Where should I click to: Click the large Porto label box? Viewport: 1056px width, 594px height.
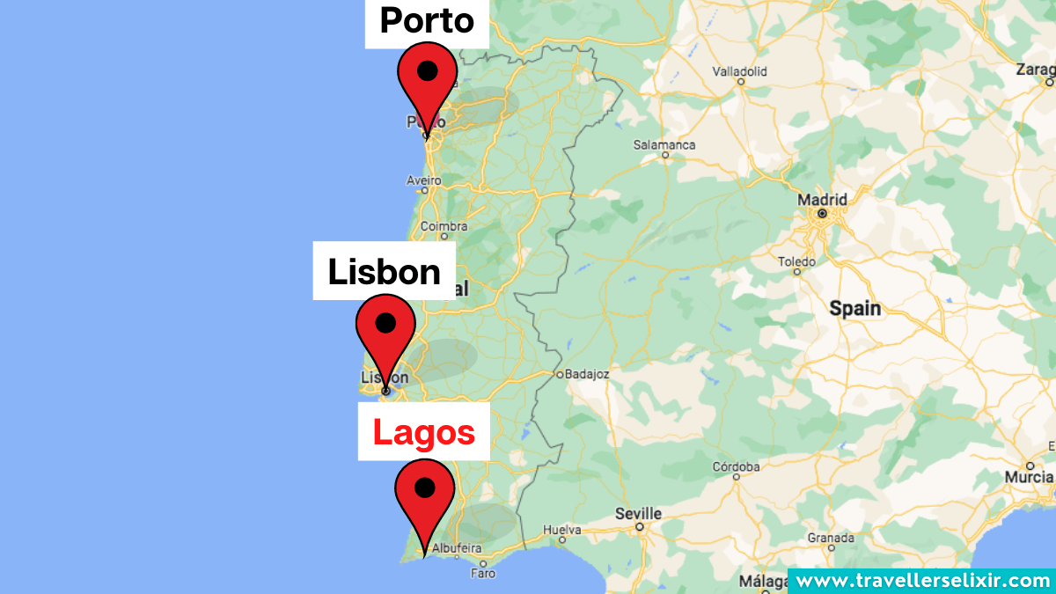pyautogui.click(x=427, y=22)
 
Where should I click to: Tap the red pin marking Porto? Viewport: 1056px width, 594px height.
pyautogui.click(x=428, y=84)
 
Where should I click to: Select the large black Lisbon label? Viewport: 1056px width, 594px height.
pyautogui.click(x=385, y=272)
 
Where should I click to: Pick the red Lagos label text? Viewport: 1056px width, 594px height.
pyautogui.click(x=424, y=432)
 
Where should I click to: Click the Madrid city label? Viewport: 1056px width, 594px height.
pyautogui.click(x=822, y=200)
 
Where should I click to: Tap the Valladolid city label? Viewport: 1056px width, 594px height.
pyautogui.click(x=739, y=71)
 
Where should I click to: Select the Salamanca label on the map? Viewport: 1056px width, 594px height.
pyautogui.click(x=664, y=145)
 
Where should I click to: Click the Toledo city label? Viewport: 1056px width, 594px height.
pyautogui.click(x=796, y=261)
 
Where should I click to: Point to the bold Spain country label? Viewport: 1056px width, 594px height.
pyautogui.click(x=854, y=308)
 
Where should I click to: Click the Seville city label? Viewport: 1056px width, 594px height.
pyautogui.click(x=639, y=513)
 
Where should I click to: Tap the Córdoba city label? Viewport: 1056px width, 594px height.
pyautogui.click(x=737, y=466)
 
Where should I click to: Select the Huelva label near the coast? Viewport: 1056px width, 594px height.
pyautogui.click(x=563, y=530)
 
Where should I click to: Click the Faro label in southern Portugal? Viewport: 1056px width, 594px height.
pyautogui.click(x=482, y=573)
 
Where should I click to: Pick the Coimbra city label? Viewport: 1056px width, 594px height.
pyautogui.click(x=444, y=226)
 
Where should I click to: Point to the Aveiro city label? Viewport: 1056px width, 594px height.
pyautogui.click(x=423, y=180)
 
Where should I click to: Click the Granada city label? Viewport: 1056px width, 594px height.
pyautogui.click(x=832, y=538)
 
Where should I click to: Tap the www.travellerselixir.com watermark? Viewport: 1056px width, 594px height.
pyautogui.click(x=921, y=581)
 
